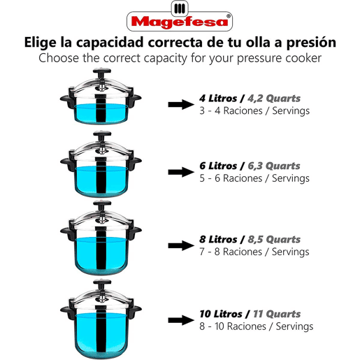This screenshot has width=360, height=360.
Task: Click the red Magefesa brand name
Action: [180, 22]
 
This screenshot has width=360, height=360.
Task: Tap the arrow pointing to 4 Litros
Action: [181, 104]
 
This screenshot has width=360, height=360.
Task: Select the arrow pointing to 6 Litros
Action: [181, 172]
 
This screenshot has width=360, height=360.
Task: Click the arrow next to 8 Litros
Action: [181, 245]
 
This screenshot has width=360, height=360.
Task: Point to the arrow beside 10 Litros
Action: [181, 320]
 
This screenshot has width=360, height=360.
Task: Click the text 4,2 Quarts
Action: [274, 99]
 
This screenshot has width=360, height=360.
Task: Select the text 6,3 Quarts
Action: [274, 166]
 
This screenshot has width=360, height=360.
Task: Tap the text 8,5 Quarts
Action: [274, 240]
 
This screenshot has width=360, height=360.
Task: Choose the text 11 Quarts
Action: [277, 314]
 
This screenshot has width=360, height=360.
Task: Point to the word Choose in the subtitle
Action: [59, 58]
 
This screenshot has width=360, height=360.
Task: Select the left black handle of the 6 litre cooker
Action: [67, 164]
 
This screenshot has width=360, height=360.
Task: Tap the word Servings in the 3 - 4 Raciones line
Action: [291, 110]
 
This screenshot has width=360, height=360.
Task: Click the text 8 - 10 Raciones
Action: [233, 326]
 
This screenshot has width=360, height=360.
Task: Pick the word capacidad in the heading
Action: [110, 43]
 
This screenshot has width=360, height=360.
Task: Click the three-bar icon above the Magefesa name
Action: [180, 8]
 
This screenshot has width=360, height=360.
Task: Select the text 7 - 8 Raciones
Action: [231, 252]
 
